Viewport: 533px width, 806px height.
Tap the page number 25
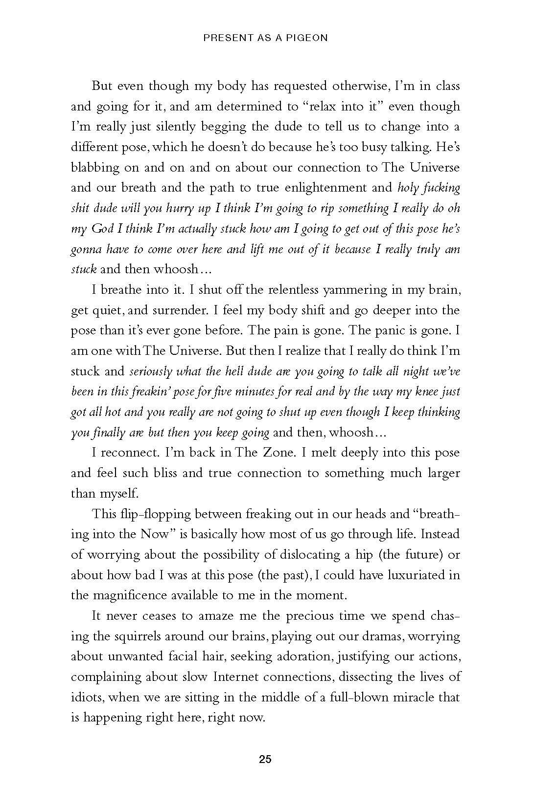coord(265,759)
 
